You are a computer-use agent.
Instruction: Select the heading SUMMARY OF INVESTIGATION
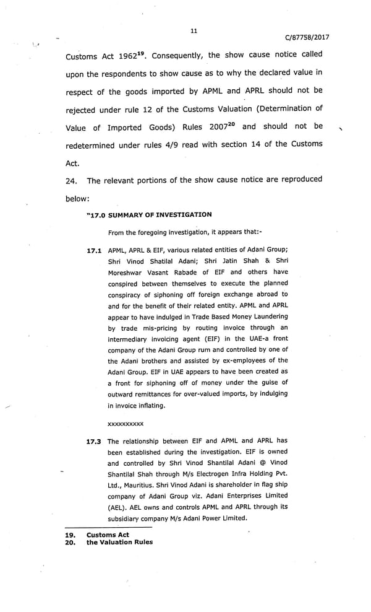point(160,215)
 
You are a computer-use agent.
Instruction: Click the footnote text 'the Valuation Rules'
point(119,542)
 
